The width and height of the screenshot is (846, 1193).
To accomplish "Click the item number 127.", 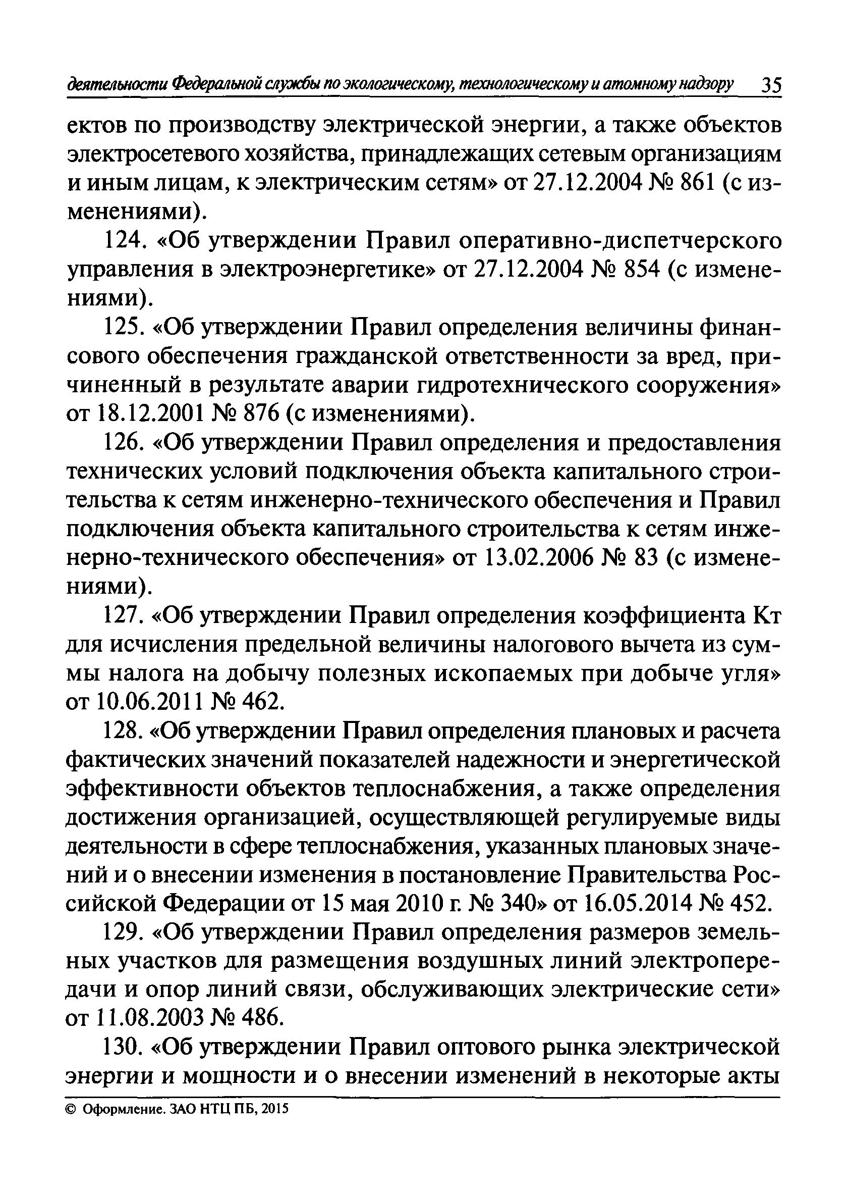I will point(123,617).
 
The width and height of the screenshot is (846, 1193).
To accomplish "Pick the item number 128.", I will point(123,732).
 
